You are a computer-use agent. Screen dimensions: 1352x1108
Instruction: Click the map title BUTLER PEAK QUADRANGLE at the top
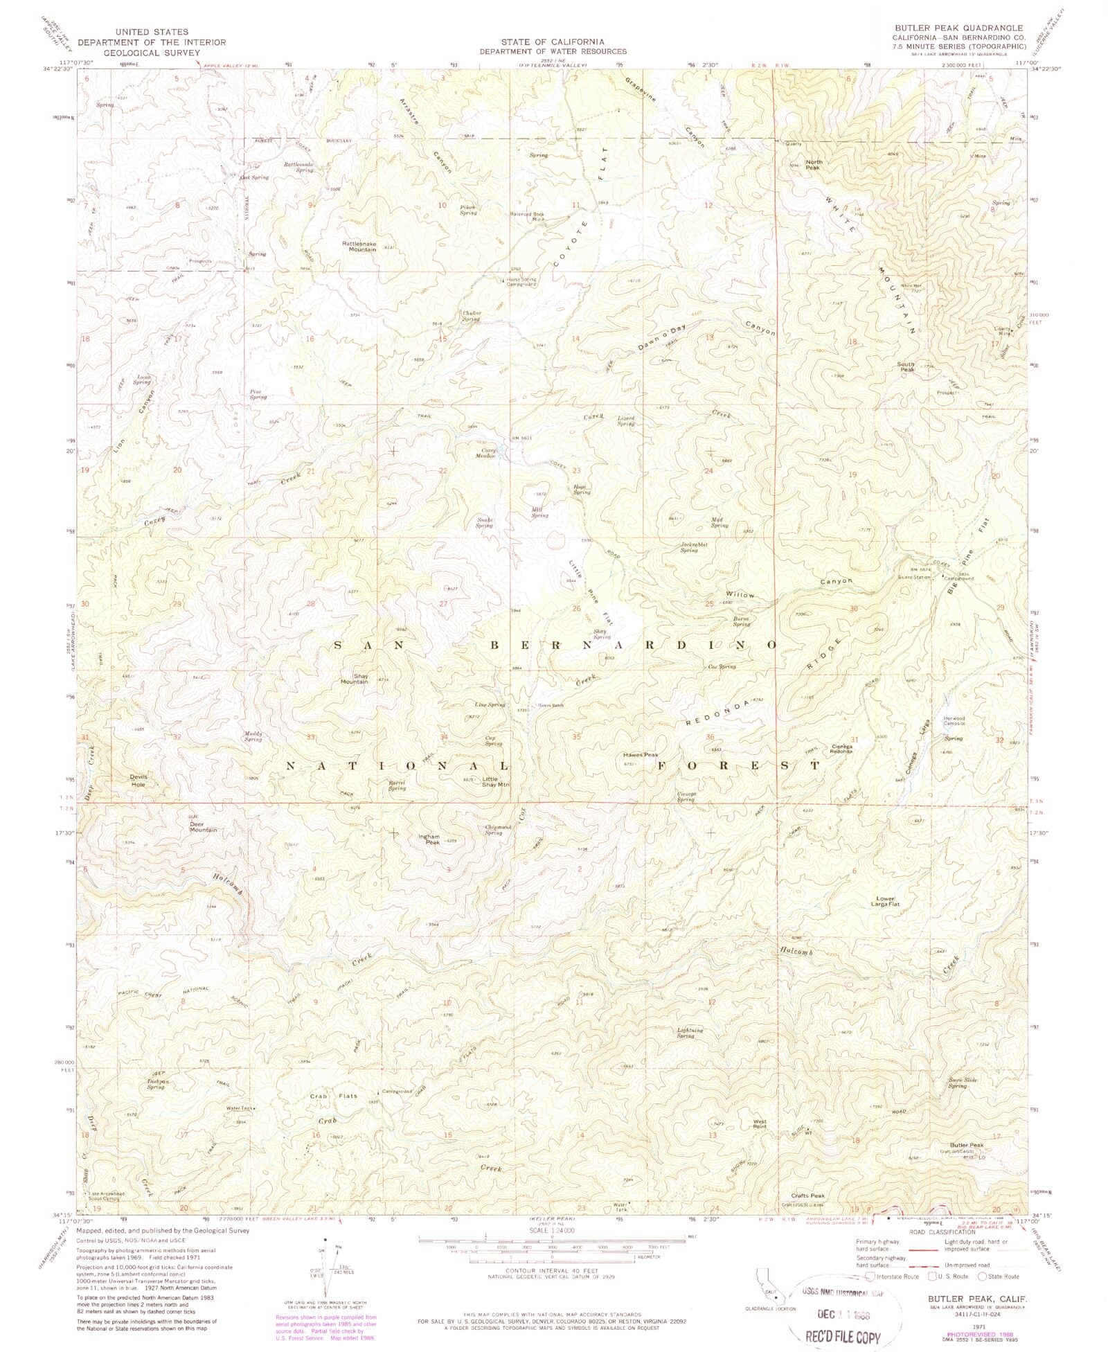958,28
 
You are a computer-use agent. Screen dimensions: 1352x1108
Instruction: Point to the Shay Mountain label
354,678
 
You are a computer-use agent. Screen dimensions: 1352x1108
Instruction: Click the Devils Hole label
138,781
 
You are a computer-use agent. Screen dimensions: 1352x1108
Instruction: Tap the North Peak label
813,165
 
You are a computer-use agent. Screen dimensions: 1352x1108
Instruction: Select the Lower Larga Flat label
885,901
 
